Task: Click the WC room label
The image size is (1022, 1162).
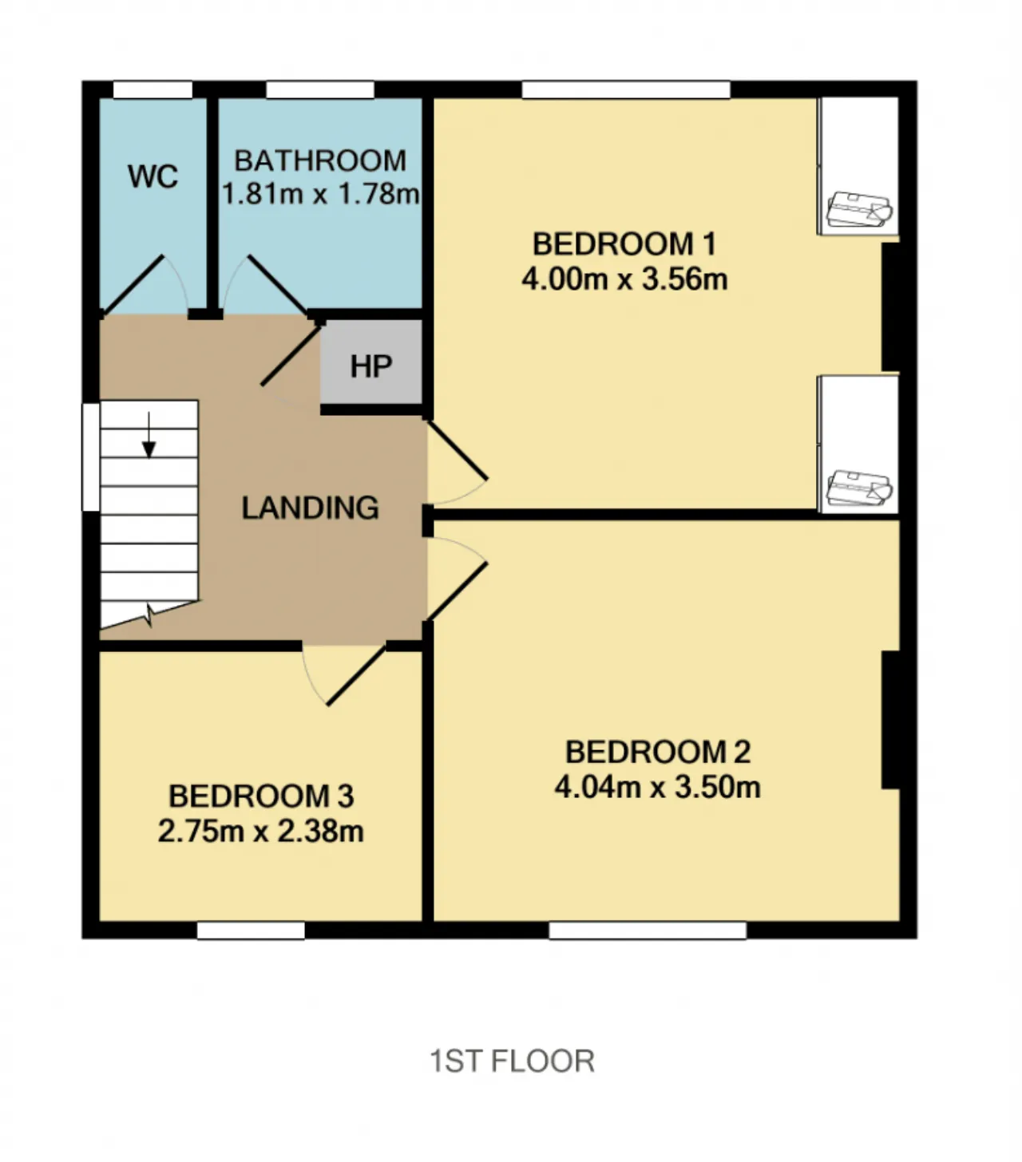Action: pos(153,176)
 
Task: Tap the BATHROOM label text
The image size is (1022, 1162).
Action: pos(320,160)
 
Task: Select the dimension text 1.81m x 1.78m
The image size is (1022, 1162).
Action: pos(320,193)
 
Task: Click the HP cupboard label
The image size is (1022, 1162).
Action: pos(371,366)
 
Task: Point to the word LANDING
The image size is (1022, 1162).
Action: pos(310,508)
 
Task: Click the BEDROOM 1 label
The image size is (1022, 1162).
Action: pos(624,243)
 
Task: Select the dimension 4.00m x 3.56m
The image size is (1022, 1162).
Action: pos(624,279)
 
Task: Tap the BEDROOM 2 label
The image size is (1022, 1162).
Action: pos(658,752)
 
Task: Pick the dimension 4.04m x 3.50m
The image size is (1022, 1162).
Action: pos(658,787)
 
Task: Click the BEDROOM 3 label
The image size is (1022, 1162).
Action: pos(261,796)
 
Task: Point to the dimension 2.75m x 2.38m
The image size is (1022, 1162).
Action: pos(261,831)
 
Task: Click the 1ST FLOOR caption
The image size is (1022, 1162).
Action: pos(512,1061)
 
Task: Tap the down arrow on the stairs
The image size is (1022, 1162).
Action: pos(149,435)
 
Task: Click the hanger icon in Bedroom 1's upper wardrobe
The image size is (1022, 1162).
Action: pos(859,209)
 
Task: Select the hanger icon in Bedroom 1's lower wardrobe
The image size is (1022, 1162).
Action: pos(859,488)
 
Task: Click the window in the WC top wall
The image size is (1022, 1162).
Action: pos(153,90)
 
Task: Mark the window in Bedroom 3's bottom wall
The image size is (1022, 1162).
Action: pos(251,931)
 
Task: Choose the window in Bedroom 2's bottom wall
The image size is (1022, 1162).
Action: pos(648,931)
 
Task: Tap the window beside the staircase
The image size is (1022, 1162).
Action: pos(91,457)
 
